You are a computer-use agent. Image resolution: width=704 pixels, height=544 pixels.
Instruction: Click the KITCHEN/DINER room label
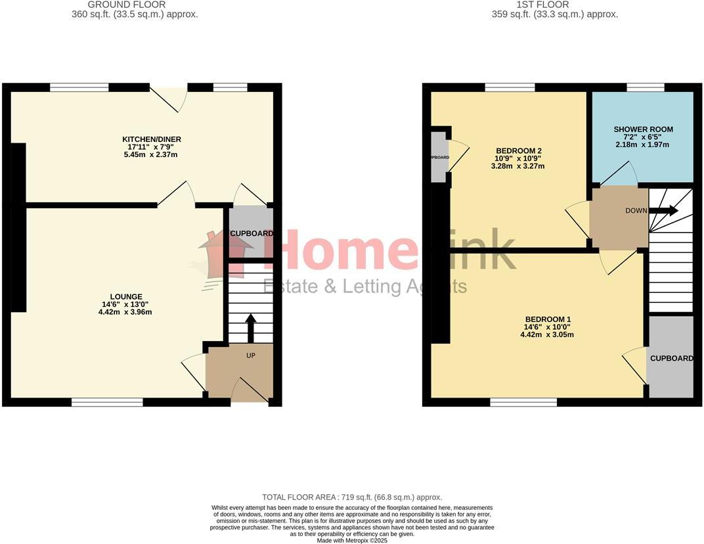[x=152, y=139]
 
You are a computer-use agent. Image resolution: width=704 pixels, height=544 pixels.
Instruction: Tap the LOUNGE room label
[x=127, y=297]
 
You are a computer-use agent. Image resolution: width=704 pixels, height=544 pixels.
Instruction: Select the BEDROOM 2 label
[x=518, y=150]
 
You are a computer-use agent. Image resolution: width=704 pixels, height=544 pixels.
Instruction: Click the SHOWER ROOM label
[x=643, y=129]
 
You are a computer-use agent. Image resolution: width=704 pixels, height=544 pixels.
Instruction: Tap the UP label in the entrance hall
[x=250, y=355]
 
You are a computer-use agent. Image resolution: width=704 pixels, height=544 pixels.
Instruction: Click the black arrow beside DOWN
[x=664, y=211]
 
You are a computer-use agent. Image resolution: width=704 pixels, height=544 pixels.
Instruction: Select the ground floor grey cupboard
[x=251, y=233]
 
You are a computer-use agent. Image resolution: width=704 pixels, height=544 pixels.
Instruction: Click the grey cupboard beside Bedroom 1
[x=671, y=358]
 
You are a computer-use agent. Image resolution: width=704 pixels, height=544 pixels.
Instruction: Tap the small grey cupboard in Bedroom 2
[x=438, y=157]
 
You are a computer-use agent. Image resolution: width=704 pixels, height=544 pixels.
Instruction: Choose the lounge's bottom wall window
[x=107, y=402]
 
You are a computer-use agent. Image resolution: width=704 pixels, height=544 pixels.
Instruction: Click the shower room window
[x=645, y=87]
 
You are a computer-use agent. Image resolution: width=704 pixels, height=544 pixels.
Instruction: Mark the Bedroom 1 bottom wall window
[x=523, y=402]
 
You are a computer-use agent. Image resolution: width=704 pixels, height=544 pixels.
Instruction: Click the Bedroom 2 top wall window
[x=510, y=87]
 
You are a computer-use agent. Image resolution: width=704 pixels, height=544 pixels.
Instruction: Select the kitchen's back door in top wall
[x=169, y=96]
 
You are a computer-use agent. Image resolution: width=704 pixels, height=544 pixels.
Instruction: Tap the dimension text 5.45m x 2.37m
[x=152, y=155]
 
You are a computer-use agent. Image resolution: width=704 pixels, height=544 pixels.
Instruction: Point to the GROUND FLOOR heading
[x=136, y=5]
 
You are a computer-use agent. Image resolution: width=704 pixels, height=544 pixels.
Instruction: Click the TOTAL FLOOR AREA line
[x=352, y=497]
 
